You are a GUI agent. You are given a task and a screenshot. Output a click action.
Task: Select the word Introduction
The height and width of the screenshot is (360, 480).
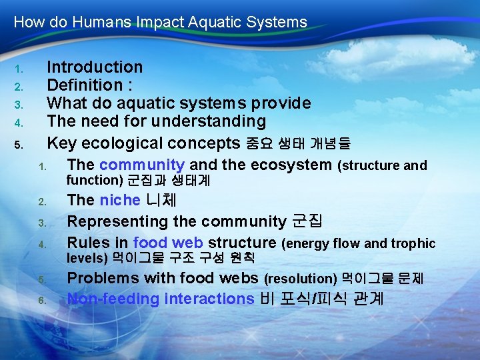95,67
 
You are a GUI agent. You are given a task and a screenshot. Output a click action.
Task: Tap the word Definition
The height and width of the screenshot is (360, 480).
85,85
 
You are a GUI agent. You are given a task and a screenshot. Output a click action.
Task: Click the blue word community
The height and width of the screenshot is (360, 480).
142,165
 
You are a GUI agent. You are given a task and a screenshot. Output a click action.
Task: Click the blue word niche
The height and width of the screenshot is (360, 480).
120,200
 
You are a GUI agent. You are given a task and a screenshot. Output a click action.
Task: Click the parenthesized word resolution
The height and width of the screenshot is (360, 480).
301,279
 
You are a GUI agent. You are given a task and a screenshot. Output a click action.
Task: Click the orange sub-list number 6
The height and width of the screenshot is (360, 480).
41,300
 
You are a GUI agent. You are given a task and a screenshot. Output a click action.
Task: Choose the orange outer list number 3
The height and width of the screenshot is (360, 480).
19,105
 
